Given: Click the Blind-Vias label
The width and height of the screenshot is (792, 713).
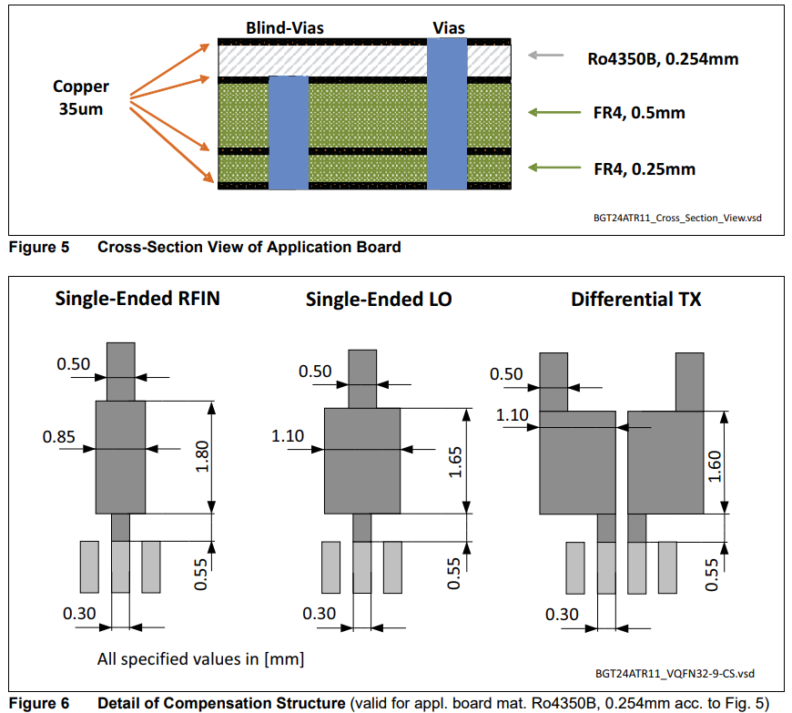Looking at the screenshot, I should click(284, 28).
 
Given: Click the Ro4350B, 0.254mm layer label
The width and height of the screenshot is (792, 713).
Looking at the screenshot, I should click(662, 60).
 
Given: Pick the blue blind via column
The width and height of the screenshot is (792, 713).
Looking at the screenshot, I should click(288, 131).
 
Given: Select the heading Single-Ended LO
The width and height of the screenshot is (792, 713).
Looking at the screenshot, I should click(379, 300).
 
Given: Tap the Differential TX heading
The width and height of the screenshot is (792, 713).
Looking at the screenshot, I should click(635, 300).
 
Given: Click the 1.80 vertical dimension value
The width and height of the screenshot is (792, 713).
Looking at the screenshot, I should click(202, 456).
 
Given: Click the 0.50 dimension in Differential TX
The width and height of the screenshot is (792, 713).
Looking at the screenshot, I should click(506, 374).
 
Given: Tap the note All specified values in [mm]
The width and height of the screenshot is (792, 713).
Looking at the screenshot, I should click(200, 657).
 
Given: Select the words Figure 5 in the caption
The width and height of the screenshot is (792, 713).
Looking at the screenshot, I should click(38, 247).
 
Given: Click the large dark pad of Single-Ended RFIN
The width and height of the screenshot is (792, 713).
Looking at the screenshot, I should click(120, 457).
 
